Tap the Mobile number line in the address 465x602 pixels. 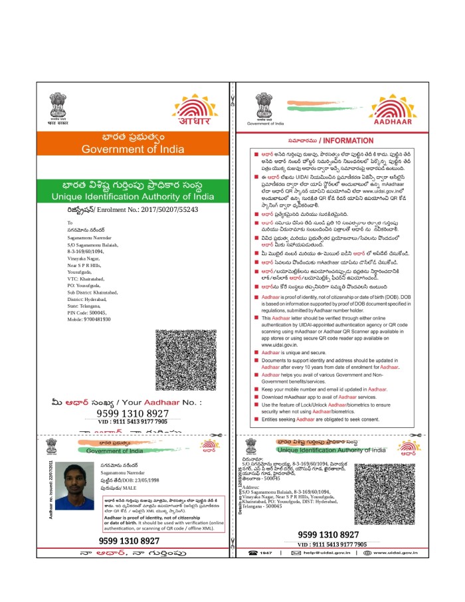click(89, 320)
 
